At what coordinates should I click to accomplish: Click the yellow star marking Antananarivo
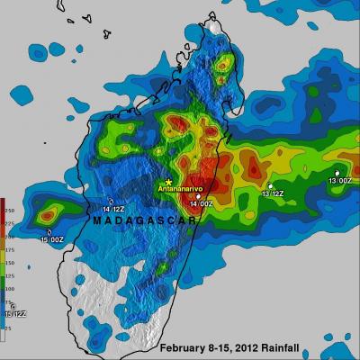tap(168, 183)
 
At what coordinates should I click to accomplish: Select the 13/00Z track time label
tap(338, 181)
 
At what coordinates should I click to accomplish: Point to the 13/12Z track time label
tap(273, 193)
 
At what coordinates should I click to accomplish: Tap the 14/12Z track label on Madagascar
tap(113, 209)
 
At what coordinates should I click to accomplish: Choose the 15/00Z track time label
tap(51, 238)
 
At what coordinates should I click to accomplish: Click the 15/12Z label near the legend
tap(14, 314)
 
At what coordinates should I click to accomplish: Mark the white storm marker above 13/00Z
tap(337, 173)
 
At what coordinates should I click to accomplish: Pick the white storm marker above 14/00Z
tap(199, 195)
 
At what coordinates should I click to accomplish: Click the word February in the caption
tap(187, 347)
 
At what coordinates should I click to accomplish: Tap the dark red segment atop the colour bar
tap(3, 203)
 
